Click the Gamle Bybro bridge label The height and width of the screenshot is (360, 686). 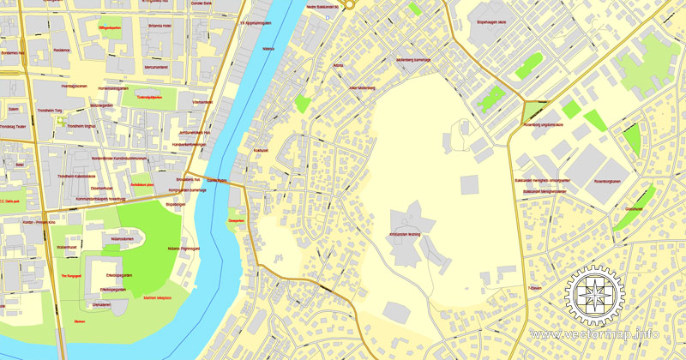216,181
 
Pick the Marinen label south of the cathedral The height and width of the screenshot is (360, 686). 80,321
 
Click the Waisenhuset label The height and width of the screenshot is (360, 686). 68,247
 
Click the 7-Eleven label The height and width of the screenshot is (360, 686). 536,288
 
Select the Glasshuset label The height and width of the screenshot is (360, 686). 634,208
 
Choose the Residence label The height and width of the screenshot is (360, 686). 62,51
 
